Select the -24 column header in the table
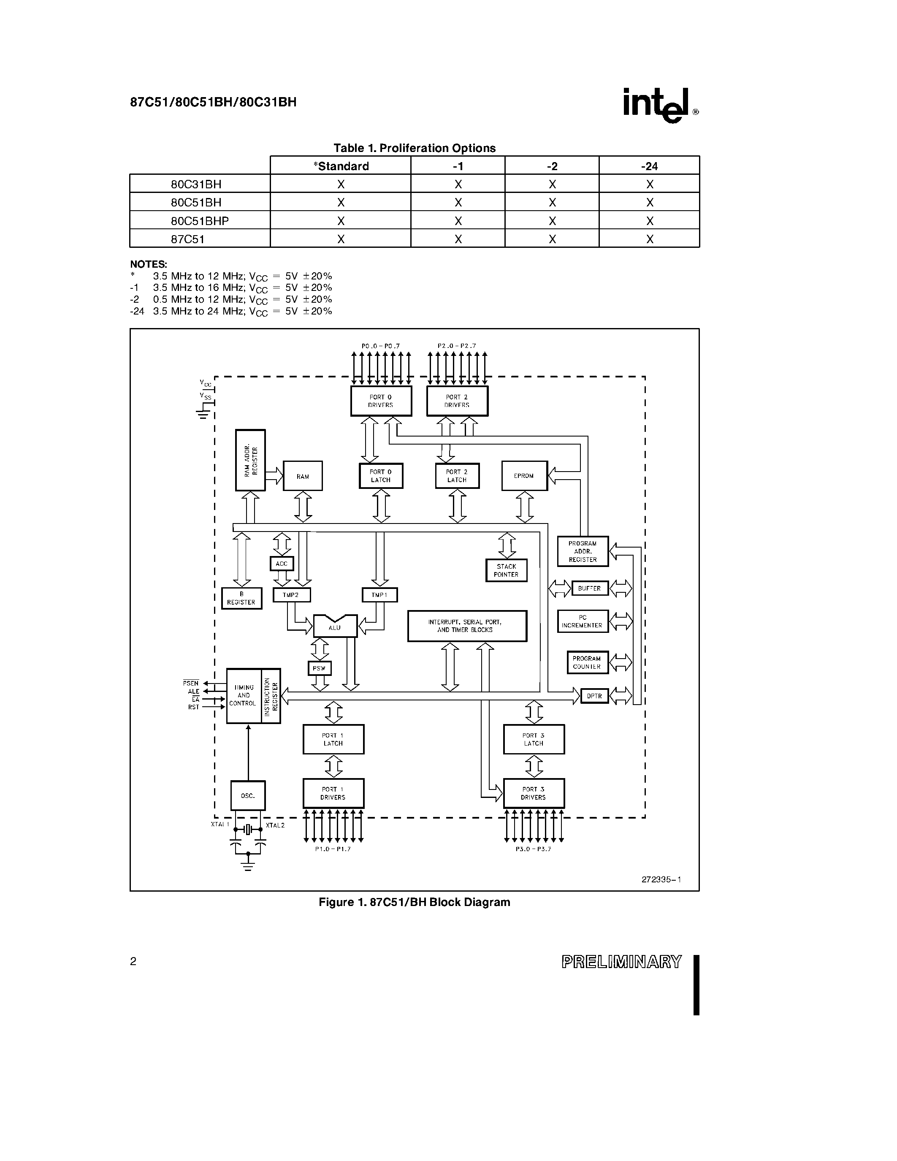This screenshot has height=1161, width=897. (x=649, y=166)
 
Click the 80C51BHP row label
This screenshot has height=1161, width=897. (x=200, y=221)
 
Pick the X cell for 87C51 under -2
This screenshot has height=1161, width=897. (x=552, y=239)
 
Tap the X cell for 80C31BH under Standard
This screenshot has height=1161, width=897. (x=341, y=184)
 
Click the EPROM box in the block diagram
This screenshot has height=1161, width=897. (x=524, y=476)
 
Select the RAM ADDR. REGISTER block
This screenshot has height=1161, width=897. (x=250, y=460)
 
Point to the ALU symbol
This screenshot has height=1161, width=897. (x=335, y=626)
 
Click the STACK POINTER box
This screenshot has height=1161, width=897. (x=506, y=570)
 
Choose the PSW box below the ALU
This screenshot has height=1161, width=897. (x=320, y=668)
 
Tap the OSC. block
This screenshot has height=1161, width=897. (x=248, y=796)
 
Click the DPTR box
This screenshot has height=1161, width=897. (x=594, y=696)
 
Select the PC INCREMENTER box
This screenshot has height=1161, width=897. (x=583, y=621)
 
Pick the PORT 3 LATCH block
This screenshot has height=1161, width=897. (x=534, y=739)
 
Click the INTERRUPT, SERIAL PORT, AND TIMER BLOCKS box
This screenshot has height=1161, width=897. (x=467, y=626)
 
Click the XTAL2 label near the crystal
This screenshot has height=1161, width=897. (x=275, y=825)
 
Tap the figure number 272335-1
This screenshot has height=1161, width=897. (x=661, y=879)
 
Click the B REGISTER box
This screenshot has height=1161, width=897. (x=241, y=598)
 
